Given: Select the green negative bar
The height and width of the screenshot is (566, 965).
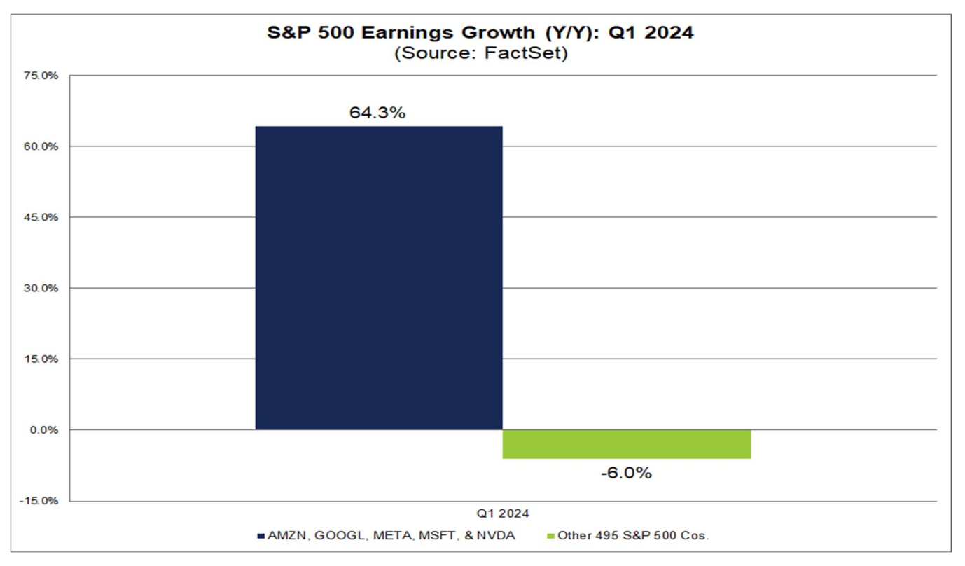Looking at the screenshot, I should pos(627,444).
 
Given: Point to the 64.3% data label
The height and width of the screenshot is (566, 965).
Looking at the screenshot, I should pos(377,113).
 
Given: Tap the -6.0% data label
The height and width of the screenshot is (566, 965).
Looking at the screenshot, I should pos(626,473).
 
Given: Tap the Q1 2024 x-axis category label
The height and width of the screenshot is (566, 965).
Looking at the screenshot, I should pos(503,513).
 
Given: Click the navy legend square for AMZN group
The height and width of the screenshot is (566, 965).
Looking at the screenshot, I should pos(261,536).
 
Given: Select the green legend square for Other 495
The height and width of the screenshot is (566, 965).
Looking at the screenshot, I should pos(550,536).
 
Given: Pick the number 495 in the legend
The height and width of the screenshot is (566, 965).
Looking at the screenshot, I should pos(599,536).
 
